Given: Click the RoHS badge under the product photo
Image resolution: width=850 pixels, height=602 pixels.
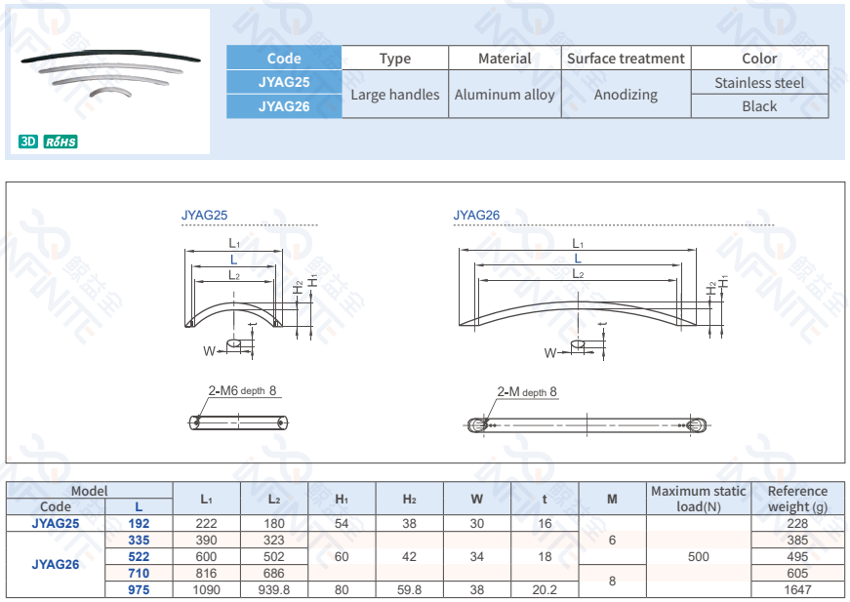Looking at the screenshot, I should coord(61,142).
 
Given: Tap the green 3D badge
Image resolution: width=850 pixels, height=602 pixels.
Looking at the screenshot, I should coord(28,142).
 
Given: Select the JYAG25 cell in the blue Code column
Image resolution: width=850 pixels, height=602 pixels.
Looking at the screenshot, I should coord(284,82).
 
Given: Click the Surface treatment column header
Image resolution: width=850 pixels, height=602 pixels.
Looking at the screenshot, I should coord(626,59).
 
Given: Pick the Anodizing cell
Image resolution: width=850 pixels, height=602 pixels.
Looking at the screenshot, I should coord(626,95).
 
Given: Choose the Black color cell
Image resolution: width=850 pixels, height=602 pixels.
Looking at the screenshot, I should coord(759,106).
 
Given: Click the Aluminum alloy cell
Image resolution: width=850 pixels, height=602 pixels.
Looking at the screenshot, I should coord(505,95).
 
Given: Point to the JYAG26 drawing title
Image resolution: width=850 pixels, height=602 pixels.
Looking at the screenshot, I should coord(476,216).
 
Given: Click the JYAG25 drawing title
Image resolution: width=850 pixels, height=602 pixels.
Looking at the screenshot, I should coord(204,216).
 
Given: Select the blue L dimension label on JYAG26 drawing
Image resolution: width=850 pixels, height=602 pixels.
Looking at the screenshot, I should coord(578,259).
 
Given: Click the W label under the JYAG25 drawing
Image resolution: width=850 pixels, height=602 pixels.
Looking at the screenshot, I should coord(209,350).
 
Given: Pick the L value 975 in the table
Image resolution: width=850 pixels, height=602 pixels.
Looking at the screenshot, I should coord(139,589).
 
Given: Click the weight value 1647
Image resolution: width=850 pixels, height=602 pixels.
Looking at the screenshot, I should coord(797,589).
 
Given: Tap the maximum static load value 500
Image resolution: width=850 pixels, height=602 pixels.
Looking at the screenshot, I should coord(699,556).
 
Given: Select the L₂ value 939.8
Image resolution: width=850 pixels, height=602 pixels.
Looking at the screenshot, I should coord(274,589).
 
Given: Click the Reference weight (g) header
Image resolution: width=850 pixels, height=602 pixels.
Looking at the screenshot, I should coord(797,499).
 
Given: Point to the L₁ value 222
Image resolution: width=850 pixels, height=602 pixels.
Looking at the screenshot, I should coord(207,523).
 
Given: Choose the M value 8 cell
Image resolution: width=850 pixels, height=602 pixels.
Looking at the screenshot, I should coord(612,581).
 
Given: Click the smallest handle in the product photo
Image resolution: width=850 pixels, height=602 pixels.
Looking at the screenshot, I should coord(109,91).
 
